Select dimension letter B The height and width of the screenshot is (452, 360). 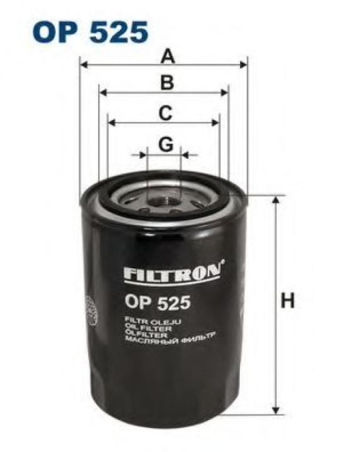(x=165, y=83)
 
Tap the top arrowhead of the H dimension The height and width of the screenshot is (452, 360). (x=275, y=200)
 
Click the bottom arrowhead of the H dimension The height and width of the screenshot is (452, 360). (x=275, y=410)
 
